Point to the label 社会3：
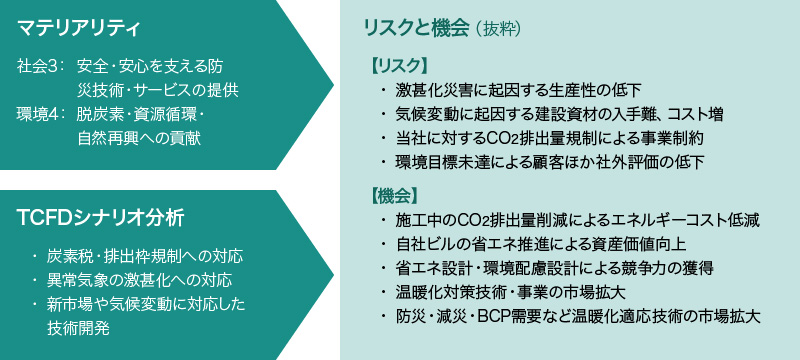pyautogui.click(x=40, y=67)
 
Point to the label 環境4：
pyautogui.click(x=40, y=114)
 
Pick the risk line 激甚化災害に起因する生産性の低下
pyautogui.click(x=518, y=91)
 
